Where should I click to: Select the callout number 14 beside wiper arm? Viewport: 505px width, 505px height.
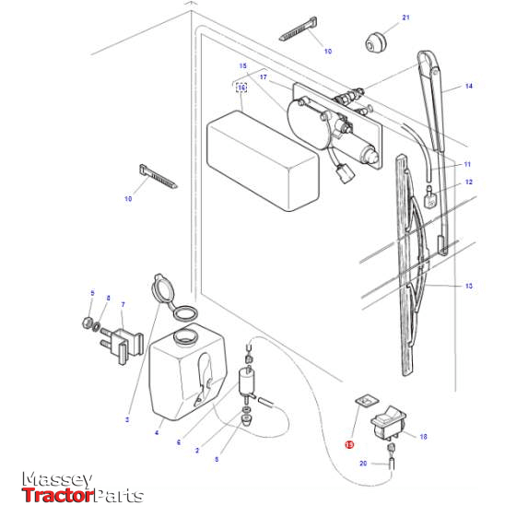pos(468,86)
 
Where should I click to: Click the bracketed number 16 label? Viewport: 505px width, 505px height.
pos(241,88)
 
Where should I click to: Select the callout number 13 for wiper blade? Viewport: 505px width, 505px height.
pos(468,287)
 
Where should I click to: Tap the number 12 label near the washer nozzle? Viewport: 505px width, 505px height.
pos(468,182)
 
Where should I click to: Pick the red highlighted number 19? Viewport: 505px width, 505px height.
pos(348,443)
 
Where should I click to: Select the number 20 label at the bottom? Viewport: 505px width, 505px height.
pos(362,464)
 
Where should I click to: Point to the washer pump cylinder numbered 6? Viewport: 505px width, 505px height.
pos(246,382)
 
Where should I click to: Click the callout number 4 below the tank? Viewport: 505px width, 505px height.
pos(158,432)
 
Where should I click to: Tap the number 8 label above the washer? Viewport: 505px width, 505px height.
pos(108,298)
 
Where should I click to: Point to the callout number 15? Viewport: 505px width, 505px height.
pos(242,66)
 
